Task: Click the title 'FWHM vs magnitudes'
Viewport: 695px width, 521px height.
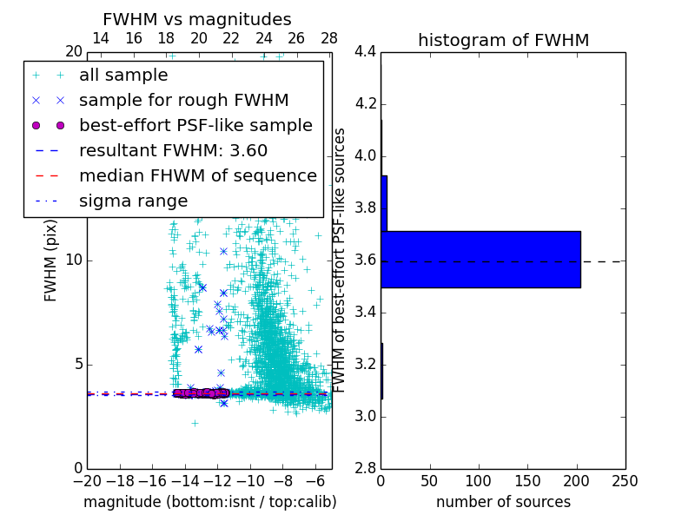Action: tap(197, 19)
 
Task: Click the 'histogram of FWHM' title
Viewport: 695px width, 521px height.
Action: tap(503, 40)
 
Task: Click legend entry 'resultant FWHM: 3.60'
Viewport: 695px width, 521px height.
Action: tap(174, 150)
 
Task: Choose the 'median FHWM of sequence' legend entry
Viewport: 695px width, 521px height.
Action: tap(198, 175)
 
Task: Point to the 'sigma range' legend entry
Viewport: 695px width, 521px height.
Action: tap(134, 201)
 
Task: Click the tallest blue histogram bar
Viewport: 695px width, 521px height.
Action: tap(480, 259)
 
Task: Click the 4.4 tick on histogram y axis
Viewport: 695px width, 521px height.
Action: tap(366, 52)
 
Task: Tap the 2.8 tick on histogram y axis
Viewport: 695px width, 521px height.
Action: tap(366, 468)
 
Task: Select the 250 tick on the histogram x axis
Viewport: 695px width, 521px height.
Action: tap(625, 481)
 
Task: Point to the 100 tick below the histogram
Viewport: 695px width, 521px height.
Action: tap(479, 481)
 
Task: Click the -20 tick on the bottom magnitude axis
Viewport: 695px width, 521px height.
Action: tap(87, 481)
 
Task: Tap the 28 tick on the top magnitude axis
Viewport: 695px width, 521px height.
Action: tap(329, 38)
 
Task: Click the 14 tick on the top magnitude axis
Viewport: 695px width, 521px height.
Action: tap(101, 38)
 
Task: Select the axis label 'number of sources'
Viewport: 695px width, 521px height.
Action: tap(503, 502)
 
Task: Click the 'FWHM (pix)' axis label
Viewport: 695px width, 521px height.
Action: tap(51, 260)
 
